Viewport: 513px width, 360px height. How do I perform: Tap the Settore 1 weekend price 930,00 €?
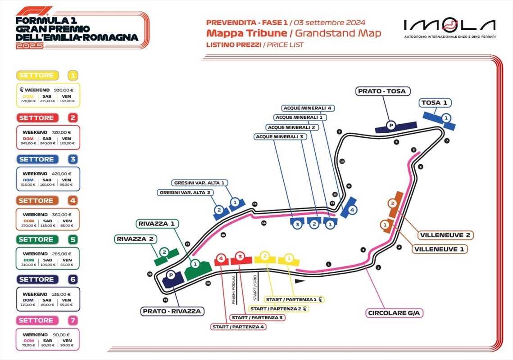click(64, 90)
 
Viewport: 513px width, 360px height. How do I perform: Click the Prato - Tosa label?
click(381, 91)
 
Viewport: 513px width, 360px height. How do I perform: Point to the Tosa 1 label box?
click(436, 103)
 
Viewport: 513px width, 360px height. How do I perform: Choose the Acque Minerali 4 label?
click(307, 108)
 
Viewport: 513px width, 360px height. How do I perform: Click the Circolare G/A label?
click(395, 313)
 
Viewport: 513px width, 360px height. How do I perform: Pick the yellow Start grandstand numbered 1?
click(289, 259)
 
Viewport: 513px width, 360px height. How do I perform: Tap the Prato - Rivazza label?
click(172, 311)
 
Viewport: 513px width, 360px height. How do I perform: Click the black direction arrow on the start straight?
click(300, 281)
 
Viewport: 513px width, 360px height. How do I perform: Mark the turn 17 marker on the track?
click(187, 244)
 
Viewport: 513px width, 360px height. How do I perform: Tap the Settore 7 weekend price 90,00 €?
click(61, 335)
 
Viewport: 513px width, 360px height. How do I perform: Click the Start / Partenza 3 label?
click(257, 318)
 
